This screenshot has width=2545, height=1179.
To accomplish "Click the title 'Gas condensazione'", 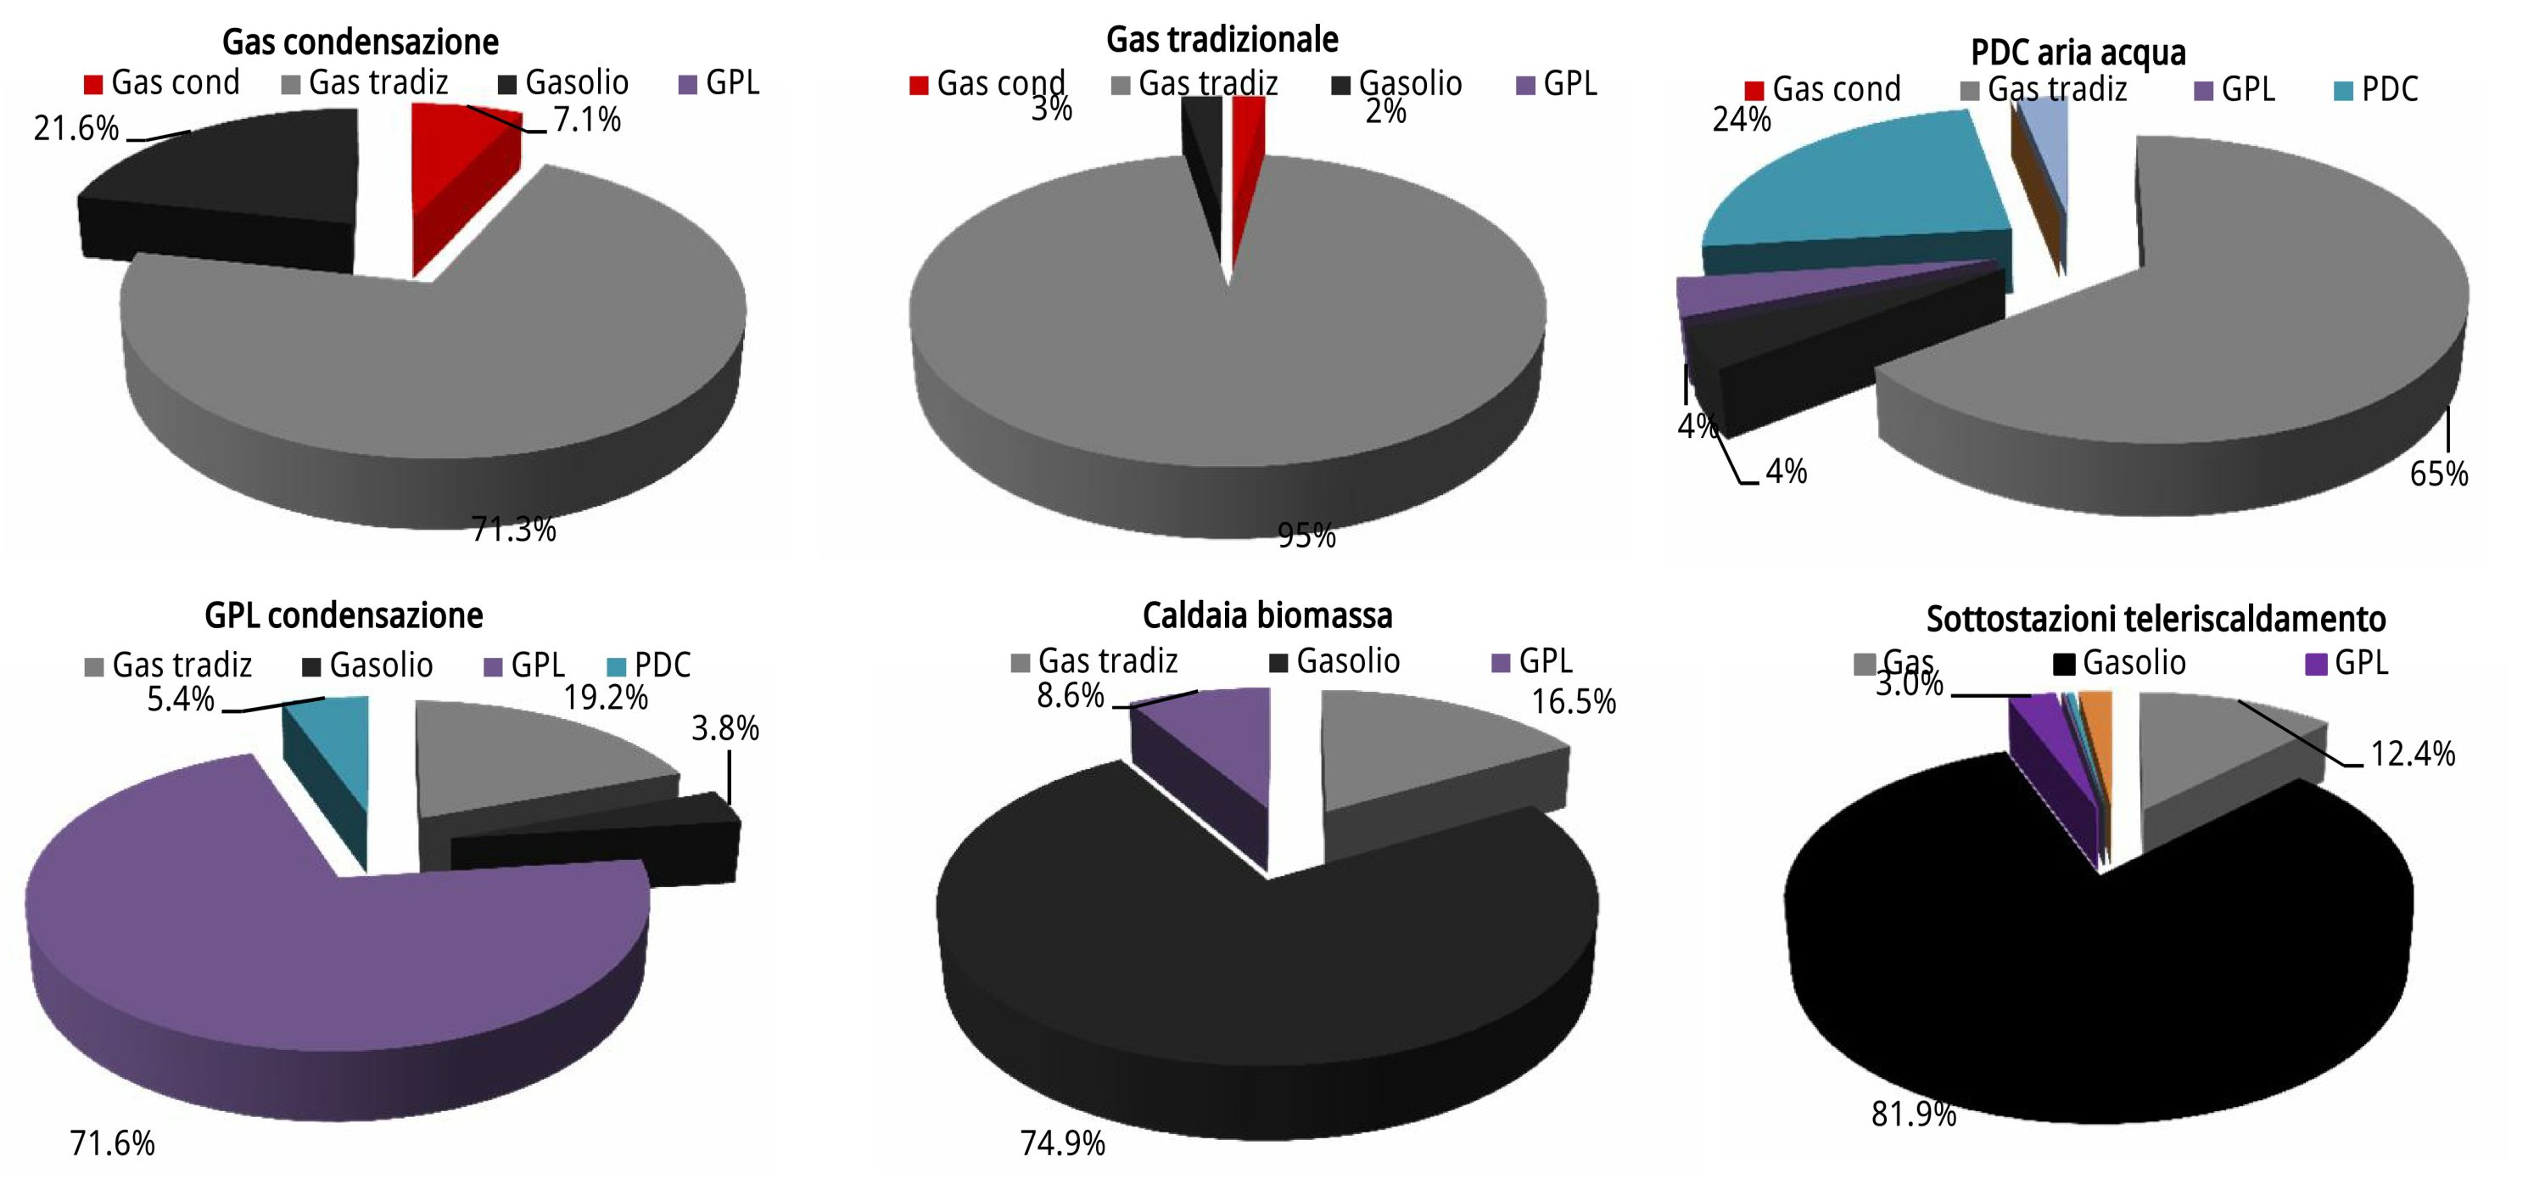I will [x=360, y=42].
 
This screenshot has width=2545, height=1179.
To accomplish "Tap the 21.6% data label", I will [x=76, y=128].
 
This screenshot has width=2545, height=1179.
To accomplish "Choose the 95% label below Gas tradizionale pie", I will [x=1306, y=536].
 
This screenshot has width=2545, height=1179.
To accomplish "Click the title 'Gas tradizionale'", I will [x=1222, y=40].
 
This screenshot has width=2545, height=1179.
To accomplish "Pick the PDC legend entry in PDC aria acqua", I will [x=2375, y=90].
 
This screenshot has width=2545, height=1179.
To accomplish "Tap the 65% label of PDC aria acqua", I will [x=2438, y=474].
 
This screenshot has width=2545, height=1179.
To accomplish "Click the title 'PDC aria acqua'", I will [x=2078, y=53].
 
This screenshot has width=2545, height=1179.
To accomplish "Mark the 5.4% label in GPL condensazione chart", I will [x=181, y=699].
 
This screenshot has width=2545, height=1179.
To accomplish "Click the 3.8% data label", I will [x=725, y=729].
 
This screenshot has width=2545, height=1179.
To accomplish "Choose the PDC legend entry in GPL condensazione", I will [x=648, y=665].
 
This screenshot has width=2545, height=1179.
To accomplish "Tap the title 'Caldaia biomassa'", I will [x=1267, y=615].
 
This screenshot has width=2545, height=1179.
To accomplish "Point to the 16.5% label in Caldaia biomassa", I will [x=1574, y=703].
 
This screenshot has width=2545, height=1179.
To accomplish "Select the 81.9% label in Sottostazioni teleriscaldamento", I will [x=1914, y=1114].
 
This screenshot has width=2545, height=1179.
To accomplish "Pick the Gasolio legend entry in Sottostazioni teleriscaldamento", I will [x=2120, y=663].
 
